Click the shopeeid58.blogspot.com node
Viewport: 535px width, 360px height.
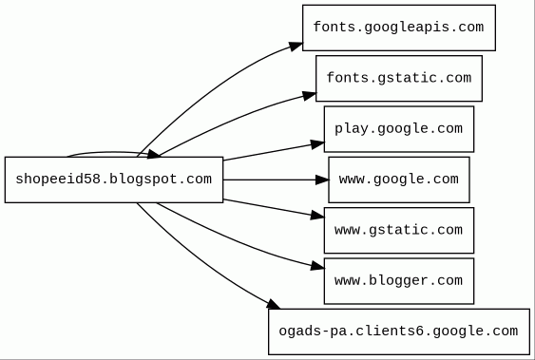pos(114,180)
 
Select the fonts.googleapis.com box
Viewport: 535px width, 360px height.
pos(399,28)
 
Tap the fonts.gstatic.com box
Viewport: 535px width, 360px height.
pos(399,79)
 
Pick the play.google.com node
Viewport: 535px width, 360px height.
pos(399,129)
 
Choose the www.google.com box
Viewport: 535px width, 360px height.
pos(399,180)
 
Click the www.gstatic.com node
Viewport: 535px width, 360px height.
pos(399,230)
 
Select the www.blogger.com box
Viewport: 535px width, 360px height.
pos(399,281)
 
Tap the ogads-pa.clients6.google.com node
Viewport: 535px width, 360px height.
pos(399,332)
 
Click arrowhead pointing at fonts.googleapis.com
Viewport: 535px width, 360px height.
pos(296,46)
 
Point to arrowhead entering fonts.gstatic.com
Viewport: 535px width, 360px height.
pos(310,95)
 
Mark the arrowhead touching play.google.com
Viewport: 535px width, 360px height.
pos(317,144)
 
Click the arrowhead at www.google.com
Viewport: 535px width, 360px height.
pos(322,180)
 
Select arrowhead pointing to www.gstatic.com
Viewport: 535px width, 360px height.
pos(317,216)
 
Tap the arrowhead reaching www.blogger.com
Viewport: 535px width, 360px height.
pos(317,266)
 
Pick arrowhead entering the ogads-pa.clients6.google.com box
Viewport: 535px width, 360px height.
pos(273,304)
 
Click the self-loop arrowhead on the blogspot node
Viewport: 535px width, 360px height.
pos(154,155)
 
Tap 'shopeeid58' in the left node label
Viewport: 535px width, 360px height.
pos(58,180)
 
